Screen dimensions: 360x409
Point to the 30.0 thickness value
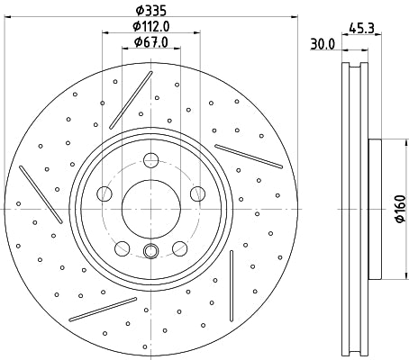(323, 41)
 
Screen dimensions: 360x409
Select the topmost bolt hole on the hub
(150, 162)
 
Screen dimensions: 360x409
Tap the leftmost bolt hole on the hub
(105, 193)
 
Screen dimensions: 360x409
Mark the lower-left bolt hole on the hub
(122, 246)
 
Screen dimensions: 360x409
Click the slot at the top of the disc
(125, 99)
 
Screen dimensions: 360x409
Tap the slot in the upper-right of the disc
(248, 155)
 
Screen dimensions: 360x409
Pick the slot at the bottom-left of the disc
(103, 309)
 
